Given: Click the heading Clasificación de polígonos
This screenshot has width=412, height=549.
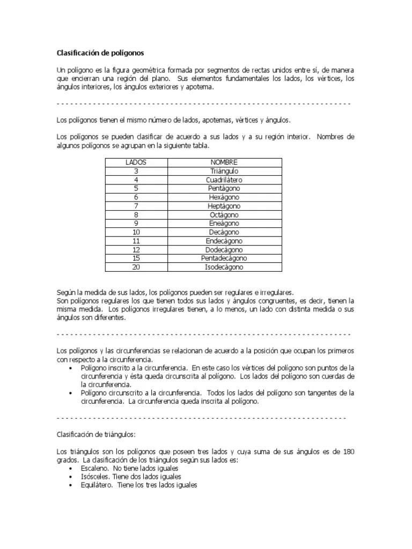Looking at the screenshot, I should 100,53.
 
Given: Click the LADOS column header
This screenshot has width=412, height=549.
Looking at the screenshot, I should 136,162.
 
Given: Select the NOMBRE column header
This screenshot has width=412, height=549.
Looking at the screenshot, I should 224,162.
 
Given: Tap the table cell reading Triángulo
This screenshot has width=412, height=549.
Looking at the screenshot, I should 224,171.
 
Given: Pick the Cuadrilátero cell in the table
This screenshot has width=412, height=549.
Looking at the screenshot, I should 224,180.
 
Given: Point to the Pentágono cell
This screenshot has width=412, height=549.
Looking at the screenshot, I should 224,189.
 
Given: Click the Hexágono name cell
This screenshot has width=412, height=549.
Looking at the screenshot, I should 224,197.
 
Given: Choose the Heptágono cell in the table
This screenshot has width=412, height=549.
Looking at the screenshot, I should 224,206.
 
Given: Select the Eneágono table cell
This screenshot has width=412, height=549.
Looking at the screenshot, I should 224,224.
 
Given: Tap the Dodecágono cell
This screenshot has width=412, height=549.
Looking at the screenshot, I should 224,250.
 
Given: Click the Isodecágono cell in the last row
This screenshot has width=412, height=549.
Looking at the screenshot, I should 224,267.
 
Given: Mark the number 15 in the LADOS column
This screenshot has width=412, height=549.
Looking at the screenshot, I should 136,258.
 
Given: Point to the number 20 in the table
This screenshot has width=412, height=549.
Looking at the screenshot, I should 136,267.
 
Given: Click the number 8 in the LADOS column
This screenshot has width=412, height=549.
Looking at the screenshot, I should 136,215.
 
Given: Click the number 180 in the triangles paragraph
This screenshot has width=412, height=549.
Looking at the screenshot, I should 348,452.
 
